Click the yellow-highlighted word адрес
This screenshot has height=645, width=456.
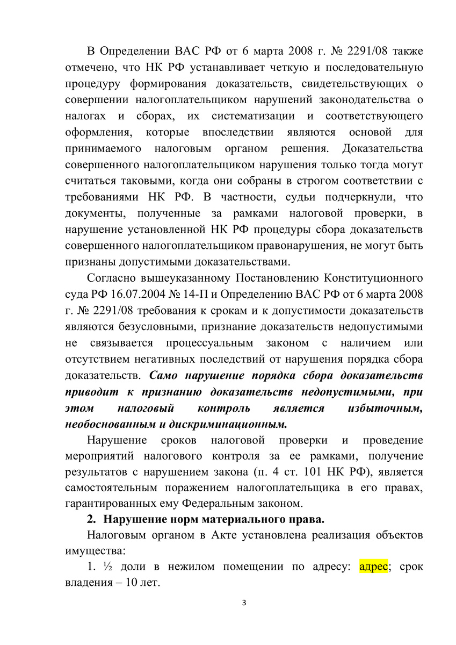click(373, 568)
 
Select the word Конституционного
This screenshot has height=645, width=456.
click(374, 279)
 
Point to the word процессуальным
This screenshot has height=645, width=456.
click(212, 343)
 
